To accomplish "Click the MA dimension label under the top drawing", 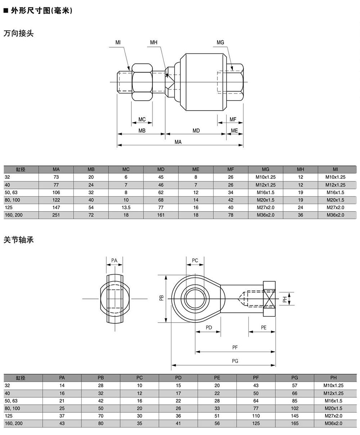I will [178, 142].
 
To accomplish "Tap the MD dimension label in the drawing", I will [196, 131].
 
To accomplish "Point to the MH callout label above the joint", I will [154, 43].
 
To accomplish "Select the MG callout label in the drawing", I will [220, 43].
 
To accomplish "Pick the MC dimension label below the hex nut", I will [142, 120].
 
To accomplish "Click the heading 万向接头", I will [18, 34].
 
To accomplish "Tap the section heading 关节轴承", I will [18, 240].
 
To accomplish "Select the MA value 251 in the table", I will [56, 215].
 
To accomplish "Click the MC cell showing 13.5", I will [126, 208].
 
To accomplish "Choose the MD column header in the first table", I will [161, 169].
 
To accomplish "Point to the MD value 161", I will [161, 215].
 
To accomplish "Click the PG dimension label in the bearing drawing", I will [235, 361].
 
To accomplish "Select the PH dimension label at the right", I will [284, 299].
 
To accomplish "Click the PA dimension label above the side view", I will [114, 260].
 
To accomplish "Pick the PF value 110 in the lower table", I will [256, 416].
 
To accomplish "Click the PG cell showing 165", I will [295, 423].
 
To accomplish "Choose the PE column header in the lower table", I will [217, 378].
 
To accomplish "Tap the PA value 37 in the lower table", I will [62, 416].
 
